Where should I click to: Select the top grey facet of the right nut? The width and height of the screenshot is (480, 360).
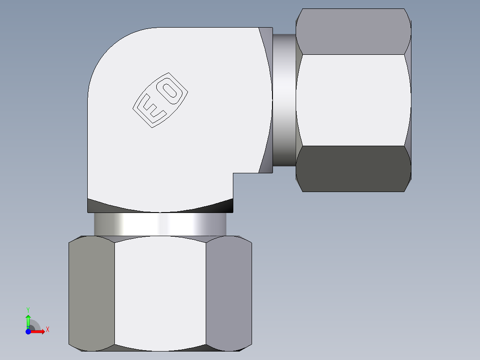(353, 32)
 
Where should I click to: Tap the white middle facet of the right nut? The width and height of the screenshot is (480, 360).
(353, 100)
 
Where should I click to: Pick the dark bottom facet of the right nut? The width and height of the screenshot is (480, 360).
(353, 168)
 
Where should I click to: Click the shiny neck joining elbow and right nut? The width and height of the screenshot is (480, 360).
(284, 100)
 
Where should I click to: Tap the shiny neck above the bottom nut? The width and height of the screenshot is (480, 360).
(160, 224)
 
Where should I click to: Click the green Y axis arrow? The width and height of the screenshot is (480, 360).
(28, 321)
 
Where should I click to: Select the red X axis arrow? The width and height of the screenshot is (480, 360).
(38, 331)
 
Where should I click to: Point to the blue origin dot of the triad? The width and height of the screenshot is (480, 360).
(28, 331)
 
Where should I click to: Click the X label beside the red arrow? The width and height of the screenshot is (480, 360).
(47, 330)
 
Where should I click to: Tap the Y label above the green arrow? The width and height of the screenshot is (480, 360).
(28, 309)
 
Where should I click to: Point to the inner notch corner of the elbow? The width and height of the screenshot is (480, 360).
(233, 173)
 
